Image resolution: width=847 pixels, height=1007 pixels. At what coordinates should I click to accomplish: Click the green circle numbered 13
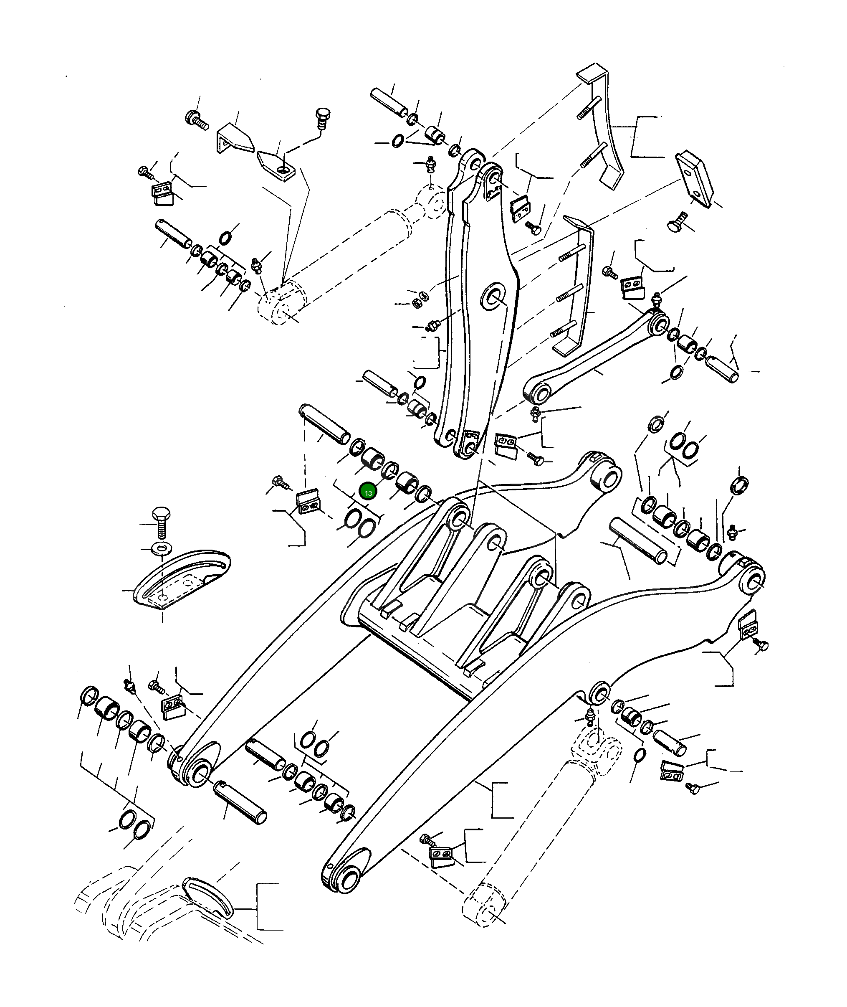coord(368,492)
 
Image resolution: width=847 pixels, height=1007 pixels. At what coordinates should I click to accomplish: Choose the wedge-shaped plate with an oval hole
coord(276,165)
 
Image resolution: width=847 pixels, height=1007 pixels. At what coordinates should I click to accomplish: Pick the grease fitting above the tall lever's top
coord(431,163)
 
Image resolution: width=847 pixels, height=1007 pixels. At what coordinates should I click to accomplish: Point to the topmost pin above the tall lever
coord(389,102)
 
